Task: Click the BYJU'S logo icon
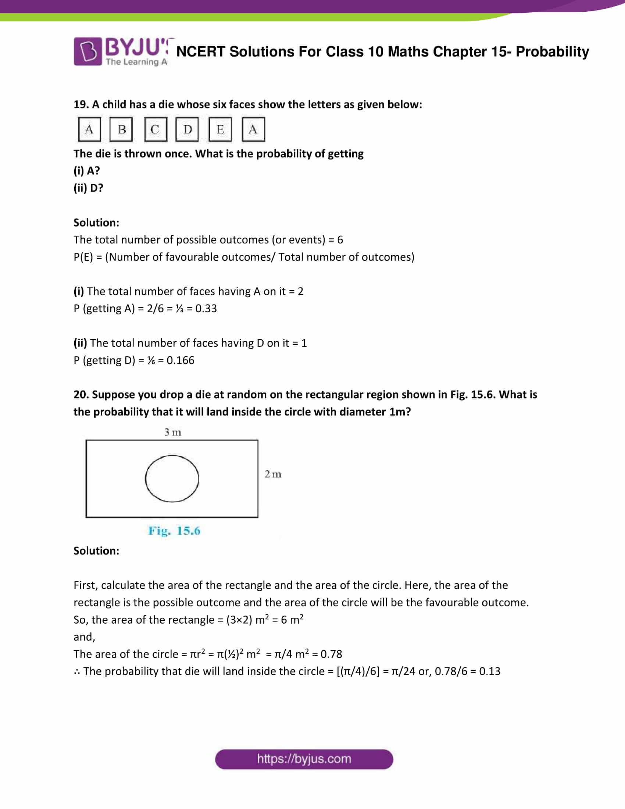click(x=88, y=51)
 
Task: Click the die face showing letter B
click(x=121, y=129)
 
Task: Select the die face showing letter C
click(x=155, y=129)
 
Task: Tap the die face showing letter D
click(x=187, y=129)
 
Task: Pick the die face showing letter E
click(x=220, y=129)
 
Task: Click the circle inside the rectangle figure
click(x=172, y=478)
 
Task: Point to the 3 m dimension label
click(x=172, y=432)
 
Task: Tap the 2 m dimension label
click(x=273, y=474)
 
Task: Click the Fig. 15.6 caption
click(x=174, y=531)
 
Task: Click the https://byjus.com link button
click(x=304, y=759)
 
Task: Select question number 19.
click(x=81, y=104)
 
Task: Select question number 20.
click(x=81, y=395)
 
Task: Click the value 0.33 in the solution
click(x=206, y=309)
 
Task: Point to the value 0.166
click(x=180, y=360)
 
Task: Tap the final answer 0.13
click(x=489, y=671)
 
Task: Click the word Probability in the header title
click(x=552, y=52)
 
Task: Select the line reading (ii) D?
click(x=88, y=188)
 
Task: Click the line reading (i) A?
click(x=87, y=171)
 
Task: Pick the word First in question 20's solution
click(x=86, y=585)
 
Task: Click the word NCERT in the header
click(x=201, y=52)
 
